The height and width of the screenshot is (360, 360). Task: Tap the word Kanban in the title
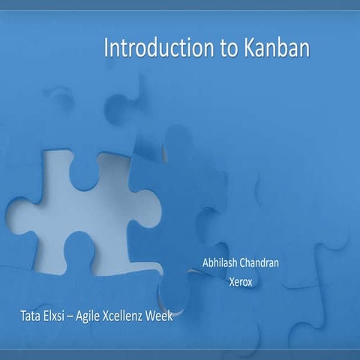click(x=276, y=49)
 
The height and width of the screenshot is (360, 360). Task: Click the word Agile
click(x=98, y=316)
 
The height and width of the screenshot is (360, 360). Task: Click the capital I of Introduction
click(x=106, y=49)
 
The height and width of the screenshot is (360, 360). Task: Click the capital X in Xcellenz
click(x=117, y=316)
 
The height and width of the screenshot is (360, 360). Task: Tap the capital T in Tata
click(x=23, y=316)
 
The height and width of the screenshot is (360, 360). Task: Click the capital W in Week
click(x=154, y=316)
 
